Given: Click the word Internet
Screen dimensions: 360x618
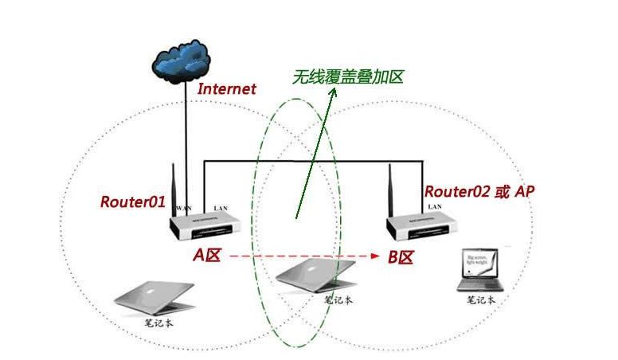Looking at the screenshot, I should click(x=227, y=88).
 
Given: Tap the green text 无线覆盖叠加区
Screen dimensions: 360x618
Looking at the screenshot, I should click(x=347, y=76).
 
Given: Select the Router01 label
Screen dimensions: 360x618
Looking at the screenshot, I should click(x=132, y=202).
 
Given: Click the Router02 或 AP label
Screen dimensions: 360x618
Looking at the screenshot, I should click(x=479, y=191).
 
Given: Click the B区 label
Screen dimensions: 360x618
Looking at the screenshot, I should click(x=401, y=256).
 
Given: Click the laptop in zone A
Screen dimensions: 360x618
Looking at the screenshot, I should click(x=154, y=295).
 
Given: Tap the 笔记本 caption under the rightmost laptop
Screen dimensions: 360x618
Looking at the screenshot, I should click(x=481, y=300).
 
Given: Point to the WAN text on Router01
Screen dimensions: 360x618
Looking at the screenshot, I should click(x=183, y=209).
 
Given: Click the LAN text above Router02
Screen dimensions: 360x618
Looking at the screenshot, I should click(x=434, y=206).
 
